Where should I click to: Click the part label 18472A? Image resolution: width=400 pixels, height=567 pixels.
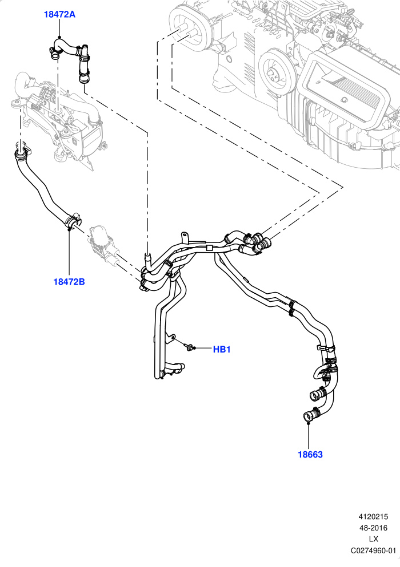[x=59, y=14]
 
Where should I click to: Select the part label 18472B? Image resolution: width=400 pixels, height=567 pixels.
[x=69, y=281]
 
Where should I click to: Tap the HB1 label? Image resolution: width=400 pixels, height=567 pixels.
[x=222, y=349]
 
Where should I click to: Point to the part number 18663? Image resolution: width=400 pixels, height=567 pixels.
[x=310, y=455]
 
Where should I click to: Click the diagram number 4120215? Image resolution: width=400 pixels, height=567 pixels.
[x=373, y=516]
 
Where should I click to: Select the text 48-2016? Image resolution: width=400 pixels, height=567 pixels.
[x=373, y=528]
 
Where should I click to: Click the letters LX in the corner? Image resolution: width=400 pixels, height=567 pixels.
[x=373, y=539]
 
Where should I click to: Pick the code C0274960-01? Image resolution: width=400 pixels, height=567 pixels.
[x=373, y=550]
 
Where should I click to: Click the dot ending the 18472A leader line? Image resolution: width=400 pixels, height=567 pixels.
[x=60, y=37]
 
